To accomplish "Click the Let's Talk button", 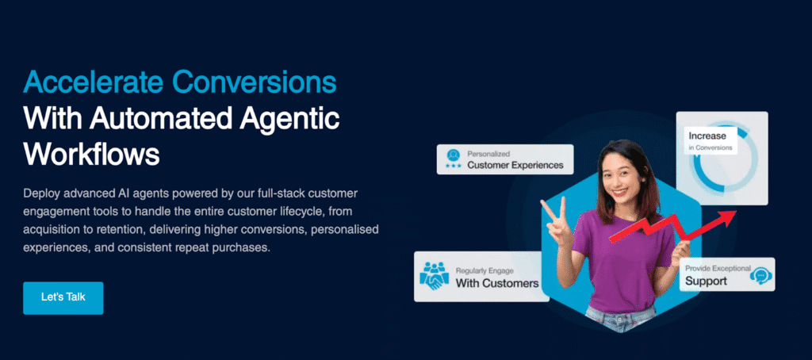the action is point(63,298).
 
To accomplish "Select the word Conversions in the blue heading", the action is point(255,82).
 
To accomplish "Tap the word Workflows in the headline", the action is point(91,154).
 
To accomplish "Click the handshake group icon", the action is point(434,276).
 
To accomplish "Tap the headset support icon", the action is point(759,275).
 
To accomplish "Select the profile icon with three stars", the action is point(454,159).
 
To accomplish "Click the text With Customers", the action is point(497,283).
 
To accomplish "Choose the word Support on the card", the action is point(707,281).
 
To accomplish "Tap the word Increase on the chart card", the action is point(707,136).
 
